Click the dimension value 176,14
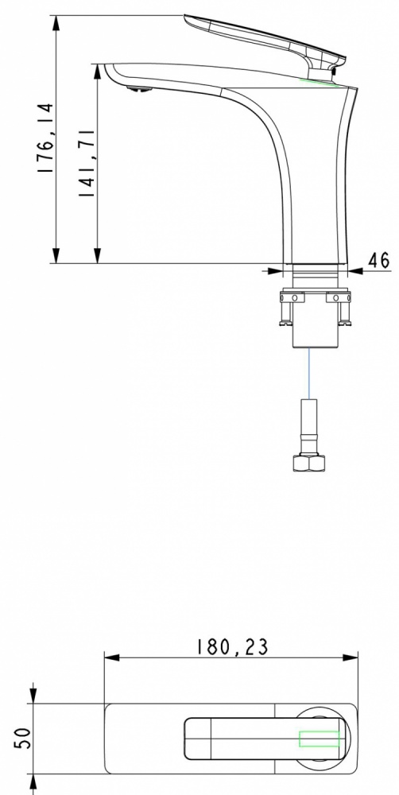pos(45,138)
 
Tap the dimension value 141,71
pos(87,163)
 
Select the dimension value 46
pos(378,260)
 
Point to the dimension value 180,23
pos(232,647)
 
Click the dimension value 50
pos(23,739)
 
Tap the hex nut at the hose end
pos(309,463)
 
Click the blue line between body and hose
pos(309,373)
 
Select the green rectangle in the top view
pos(320,739)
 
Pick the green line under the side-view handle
pos(319,83)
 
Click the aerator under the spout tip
pos(139,90)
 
